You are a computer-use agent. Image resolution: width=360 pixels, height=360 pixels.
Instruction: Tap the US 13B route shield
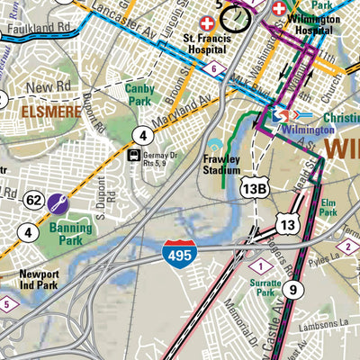click(x=254, y=186)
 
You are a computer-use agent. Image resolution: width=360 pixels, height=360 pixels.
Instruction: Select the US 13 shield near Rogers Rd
click(x=287, y=225)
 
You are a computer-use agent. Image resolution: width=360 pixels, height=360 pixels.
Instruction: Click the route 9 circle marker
click(x=292, y=290)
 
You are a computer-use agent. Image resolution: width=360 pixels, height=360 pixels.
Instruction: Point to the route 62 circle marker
click(x=34, y=200)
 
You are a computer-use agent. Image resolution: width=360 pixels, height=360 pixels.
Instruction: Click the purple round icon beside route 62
click(x=58, y=204)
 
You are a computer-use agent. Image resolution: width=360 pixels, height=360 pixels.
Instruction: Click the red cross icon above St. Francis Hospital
click(x=209, y=22)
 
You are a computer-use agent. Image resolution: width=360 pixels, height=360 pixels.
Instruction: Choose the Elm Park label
click(x=328, y=207)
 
